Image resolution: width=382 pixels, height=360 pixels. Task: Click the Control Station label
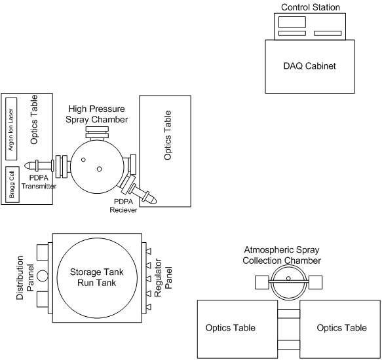(311, 7)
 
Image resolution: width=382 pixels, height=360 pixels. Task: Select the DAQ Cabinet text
(309, 66)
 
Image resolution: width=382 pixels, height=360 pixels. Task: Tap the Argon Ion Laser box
(11, 129)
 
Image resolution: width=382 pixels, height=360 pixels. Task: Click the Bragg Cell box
(12, 185)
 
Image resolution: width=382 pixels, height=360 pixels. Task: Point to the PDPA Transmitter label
(39, 182)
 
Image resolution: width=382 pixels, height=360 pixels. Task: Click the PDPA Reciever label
(123, 206)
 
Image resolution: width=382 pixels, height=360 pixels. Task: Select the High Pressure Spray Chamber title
(97, 114)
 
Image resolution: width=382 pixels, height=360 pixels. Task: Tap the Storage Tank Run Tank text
(97, 278)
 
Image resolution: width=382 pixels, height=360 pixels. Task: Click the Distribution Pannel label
(25, 278)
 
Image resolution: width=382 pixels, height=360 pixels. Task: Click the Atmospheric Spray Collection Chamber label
(282, 255)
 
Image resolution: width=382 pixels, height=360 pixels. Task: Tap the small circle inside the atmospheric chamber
(288, 278)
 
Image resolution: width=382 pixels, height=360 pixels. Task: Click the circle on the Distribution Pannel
(43, 276)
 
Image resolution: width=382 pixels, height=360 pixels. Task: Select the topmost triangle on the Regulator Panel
(148, 251)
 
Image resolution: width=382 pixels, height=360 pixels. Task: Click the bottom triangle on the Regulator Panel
(148, 307)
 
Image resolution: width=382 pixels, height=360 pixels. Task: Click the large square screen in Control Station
(292, 22)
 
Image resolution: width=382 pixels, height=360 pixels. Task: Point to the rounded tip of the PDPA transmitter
(26, 166)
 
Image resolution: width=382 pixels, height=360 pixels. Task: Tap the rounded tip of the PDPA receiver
(154, 200)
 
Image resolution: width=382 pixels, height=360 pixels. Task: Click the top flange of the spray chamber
(97, 133)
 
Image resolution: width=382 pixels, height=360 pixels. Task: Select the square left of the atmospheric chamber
(262, 282)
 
